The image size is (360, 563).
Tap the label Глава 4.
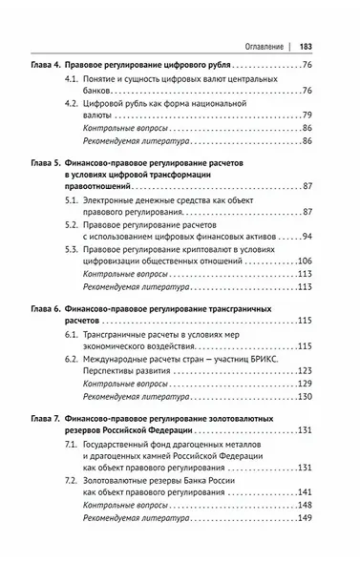click(x=47, y=65)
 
